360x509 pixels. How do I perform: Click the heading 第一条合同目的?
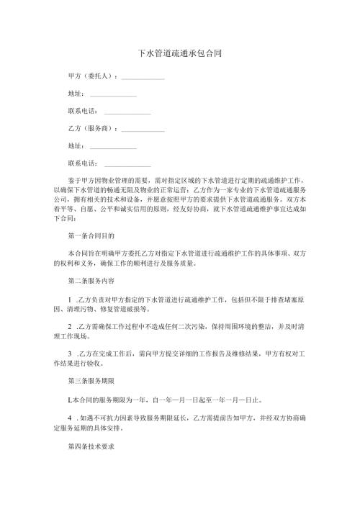pos(90,235)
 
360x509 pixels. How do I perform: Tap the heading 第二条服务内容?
pos(90,280)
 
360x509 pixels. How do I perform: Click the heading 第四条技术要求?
pos(90,446)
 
